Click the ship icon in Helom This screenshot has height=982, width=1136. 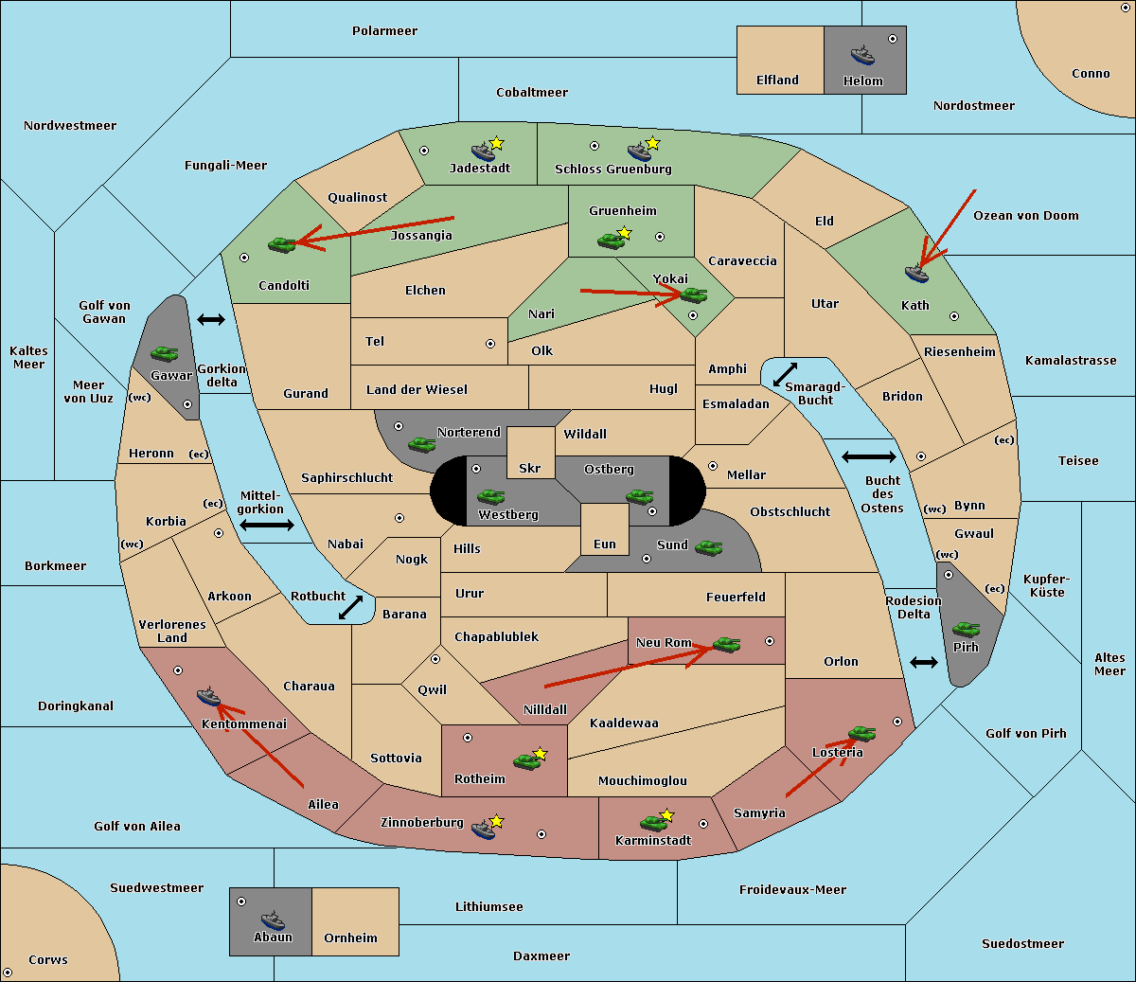pyautogui.click(x=861, y=55)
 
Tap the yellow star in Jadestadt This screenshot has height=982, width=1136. pyautogui.click(x=496, y=143)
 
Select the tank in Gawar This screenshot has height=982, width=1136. pyautogui.click(x=165, y=353)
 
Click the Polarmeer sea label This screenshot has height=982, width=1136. pyautogui.click(x=384, y=31)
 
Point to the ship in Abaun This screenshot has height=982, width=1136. pyautogui.click(x=273, y=920)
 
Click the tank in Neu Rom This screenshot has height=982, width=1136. pyautogui.click(x=726, y=645)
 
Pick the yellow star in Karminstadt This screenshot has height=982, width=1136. pyautogui.click(x=666, y=815)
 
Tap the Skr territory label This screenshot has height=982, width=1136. pyautogui.click(x=530, y=468)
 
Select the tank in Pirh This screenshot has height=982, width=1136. pyautogui.click(x=966, y=630)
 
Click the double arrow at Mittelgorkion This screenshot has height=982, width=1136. pyautogui.click(x=267, y=526)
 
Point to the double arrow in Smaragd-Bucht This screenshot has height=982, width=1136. pyautogui.click(x=786, y=374)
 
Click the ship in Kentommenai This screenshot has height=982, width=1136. pyautogui.click(x=208, y=698)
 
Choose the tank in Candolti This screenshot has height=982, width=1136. pyautogui.click(x=282, y=244)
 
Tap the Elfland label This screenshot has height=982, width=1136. pyautogui.click(x=777, y=80)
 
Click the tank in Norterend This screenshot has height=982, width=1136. pyautogui.click(x=421, y=444)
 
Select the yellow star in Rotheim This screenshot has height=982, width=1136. pyautogui.click(x=540, y=754)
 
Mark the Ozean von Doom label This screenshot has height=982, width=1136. pyautogui.click(x=1026, y=216)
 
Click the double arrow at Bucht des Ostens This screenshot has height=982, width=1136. pyautogui.click(x=868, y=457)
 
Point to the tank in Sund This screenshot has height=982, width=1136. pyautogui.click(x=708, y=547)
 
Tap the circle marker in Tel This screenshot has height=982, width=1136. pyautogui.click(x=490, y=344)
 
